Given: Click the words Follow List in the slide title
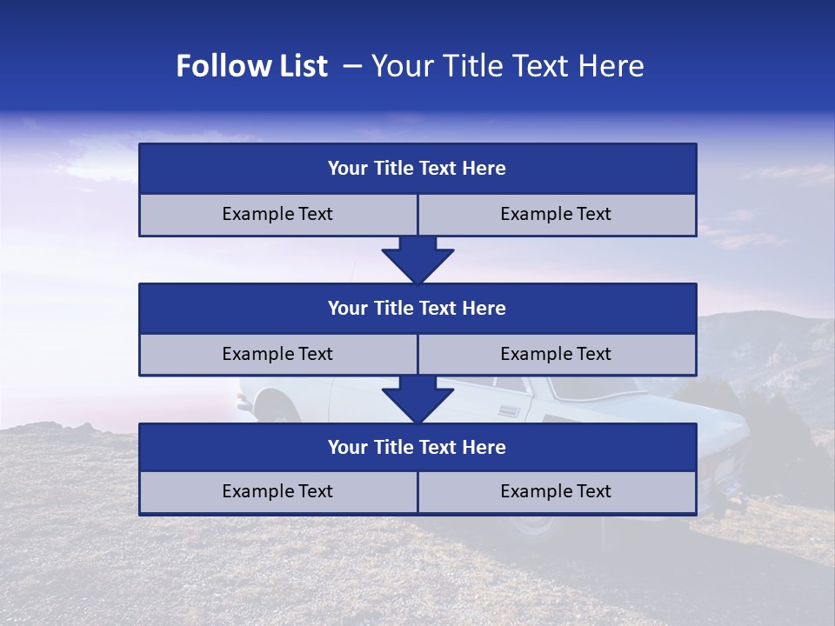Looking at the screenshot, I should [251, 66].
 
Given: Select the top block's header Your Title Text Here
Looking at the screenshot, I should [417, 169].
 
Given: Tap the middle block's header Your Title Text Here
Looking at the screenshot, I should [417, 309].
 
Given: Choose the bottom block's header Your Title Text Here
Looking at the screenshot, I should [417, 448].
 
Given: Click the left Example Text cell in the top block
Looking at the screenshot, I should [277, 215].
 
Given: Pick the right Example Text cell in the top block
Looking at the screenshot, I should [556, 215].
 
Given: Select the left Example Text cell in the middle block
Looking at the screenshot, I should [277, 355].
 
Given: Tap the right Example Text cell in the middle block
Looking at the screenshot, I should [556, 355].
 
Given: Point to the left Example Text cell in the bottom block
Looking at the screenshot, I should [277, 492].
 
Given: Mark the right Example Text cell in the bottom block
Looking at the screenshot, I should [556, 492].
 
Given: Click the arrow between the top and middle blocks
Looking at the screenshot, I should [417, 260].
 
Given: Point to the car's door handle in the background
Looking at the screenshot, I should [510, 410].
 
